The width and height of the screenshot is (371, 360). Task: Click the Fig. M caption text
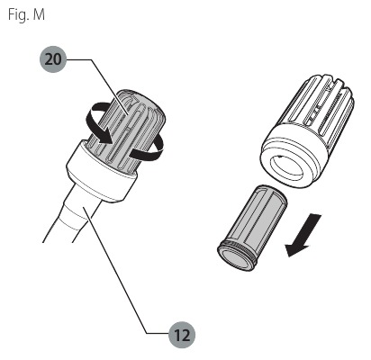click(26, 14)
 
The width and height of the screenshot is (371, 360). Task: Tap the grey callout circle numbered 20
click(53, 59)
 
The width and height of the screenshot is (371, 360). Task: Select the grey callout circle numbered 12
click(182, 335)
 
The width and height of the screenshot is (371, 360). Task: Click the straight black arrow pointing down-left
click(303, 236)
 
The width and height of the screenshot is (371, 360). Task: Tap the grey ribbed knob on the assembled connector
click(132, 129)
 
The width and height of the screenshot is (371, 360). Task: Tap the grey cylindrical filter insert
click(252, 228)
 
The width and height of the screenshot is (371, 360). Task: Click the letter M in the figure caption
click(39, 14)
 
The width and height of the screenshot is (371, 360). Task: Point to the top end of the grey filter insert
click(272, 193)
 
